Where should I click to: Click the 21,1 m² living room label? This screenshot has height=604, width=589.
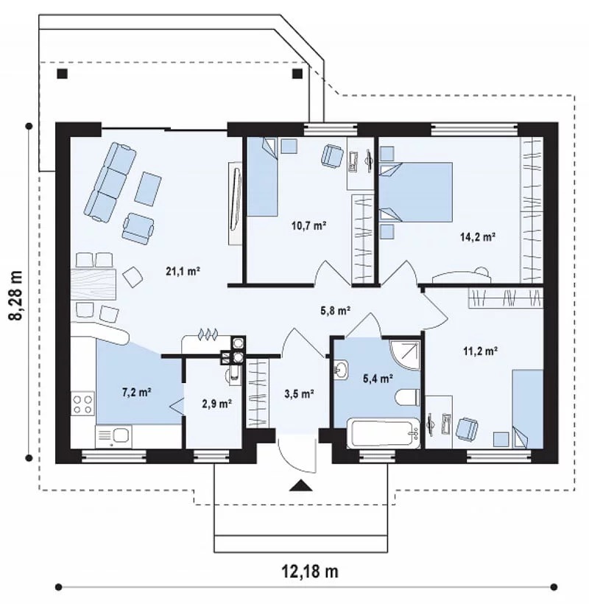coord(183,272)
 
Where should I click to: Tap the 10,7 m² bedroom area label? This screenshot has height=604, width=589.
coord(309,225)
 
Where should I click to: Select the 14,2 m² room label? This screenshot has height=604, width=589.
coord(478,236)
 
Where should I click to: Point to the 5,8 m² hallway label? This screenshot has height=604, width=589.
coord(335,311)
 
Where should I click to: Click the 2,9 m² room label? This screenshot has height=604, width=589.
coord(216,404)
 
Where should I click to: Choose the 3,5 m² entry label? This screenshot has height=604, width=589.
coord(299,393)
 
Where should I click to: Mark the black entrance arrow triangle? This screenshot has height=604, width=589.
coord(300,485)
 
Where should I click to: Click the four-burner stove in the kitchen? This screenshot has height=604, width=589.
coord(82,403)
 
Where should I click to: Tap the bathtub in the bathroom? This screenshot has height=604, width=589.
coord(384,433)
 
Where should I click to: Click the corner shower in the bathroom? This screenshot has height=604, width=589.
coord(405,354)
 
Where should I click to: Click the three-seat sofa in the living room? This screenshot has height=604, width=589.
coord(110,182)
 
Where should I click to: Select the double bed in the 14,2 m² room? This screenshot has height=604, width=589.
coord(416,192)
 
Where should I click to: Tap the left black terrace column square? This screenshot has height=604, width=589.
coord(63,73)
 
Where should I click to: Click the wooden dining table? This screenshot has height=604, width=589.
coord(94,284)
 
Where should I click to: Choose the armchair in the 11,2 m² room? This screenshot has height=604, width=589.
coord(467,429)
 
